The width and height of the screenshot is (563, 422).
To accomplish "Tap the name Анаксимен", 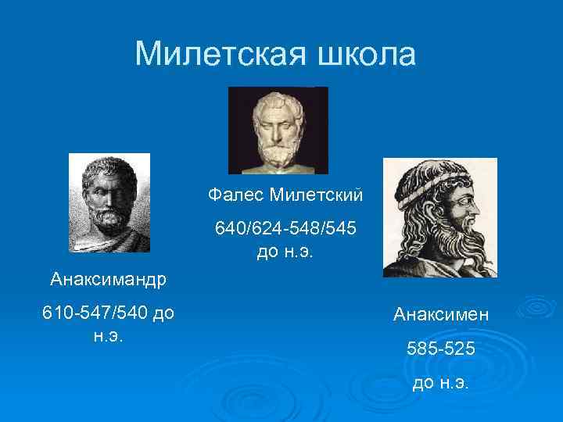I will click(x=441, y=314).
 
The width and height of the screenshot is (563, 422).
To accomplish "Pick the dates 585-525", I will click(x=441, y=349).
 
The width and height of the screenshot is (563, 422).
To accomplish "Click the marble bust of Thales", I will click(x=278, y=130).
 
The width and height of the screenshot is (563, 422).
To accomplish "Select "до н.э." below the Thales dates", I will click(x=285, y=252).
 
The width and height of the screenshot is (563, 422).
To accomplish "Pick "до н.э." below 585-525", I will click(x=441, y=383).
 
